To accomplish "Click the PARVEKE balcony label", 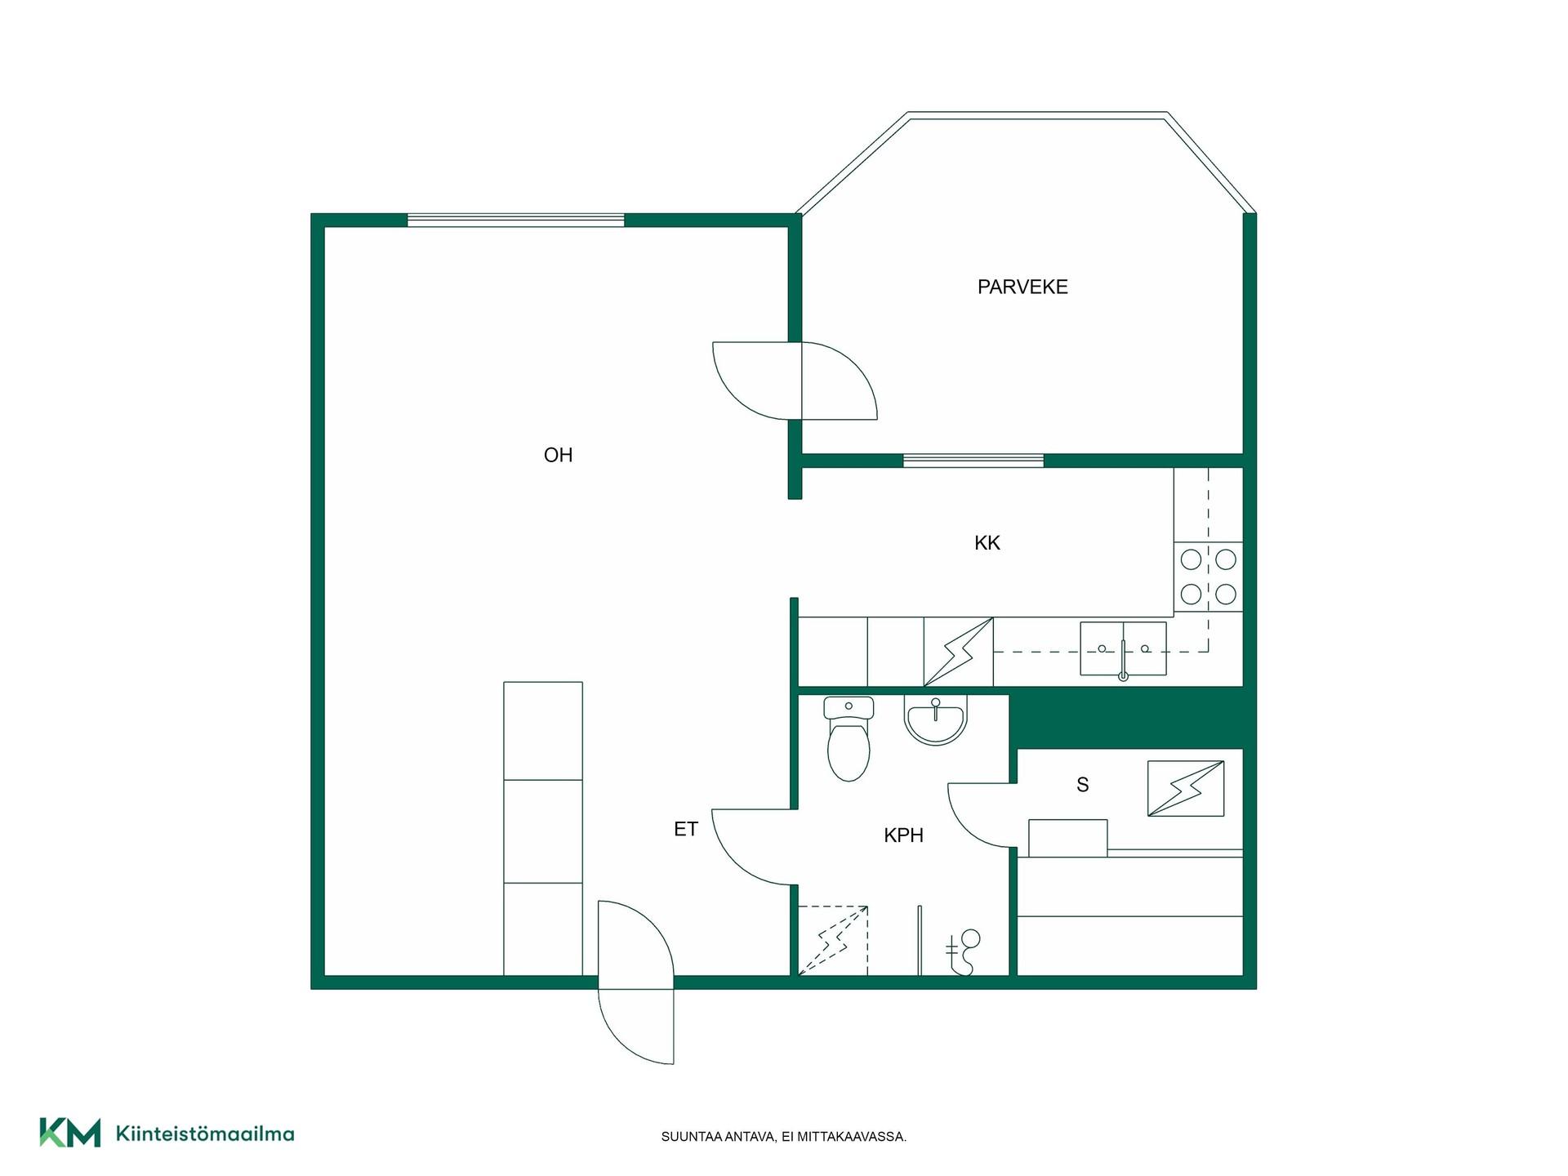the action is coord(1022,287).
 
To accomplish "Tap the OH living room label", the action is coord(558,455).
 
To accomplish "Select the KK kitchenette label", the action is coord(987,543).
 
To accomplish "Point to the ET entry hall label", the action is coord(685,829).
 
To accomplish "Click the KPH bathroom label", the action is coord(903,835).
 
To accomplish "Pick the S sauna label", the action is coord(1083,785).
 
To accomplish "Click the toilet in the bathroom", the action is coord(849,738).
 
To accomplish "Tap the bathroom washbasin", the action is coord(936,719).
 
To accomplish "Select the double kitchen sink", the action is coord(1123,649).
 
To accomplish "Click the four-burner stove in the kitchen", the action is coord(1209,577).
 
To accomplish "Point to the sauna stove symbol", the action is coord(1186,788).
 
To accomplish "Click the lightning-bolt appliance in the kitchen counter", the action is coord(959,652).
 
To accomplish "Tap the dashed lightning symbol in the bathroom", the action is coord(833,940).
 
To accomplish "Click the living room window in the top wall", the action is coord(516,220).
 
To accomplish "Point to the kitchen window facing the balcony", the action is coord(973,461).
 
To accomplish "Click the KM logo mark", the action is coord(70,1133).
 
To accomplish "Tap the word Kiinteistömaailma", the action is coord(205,1134).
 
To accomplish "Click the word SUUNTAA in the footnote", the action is coord(691,1137).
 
